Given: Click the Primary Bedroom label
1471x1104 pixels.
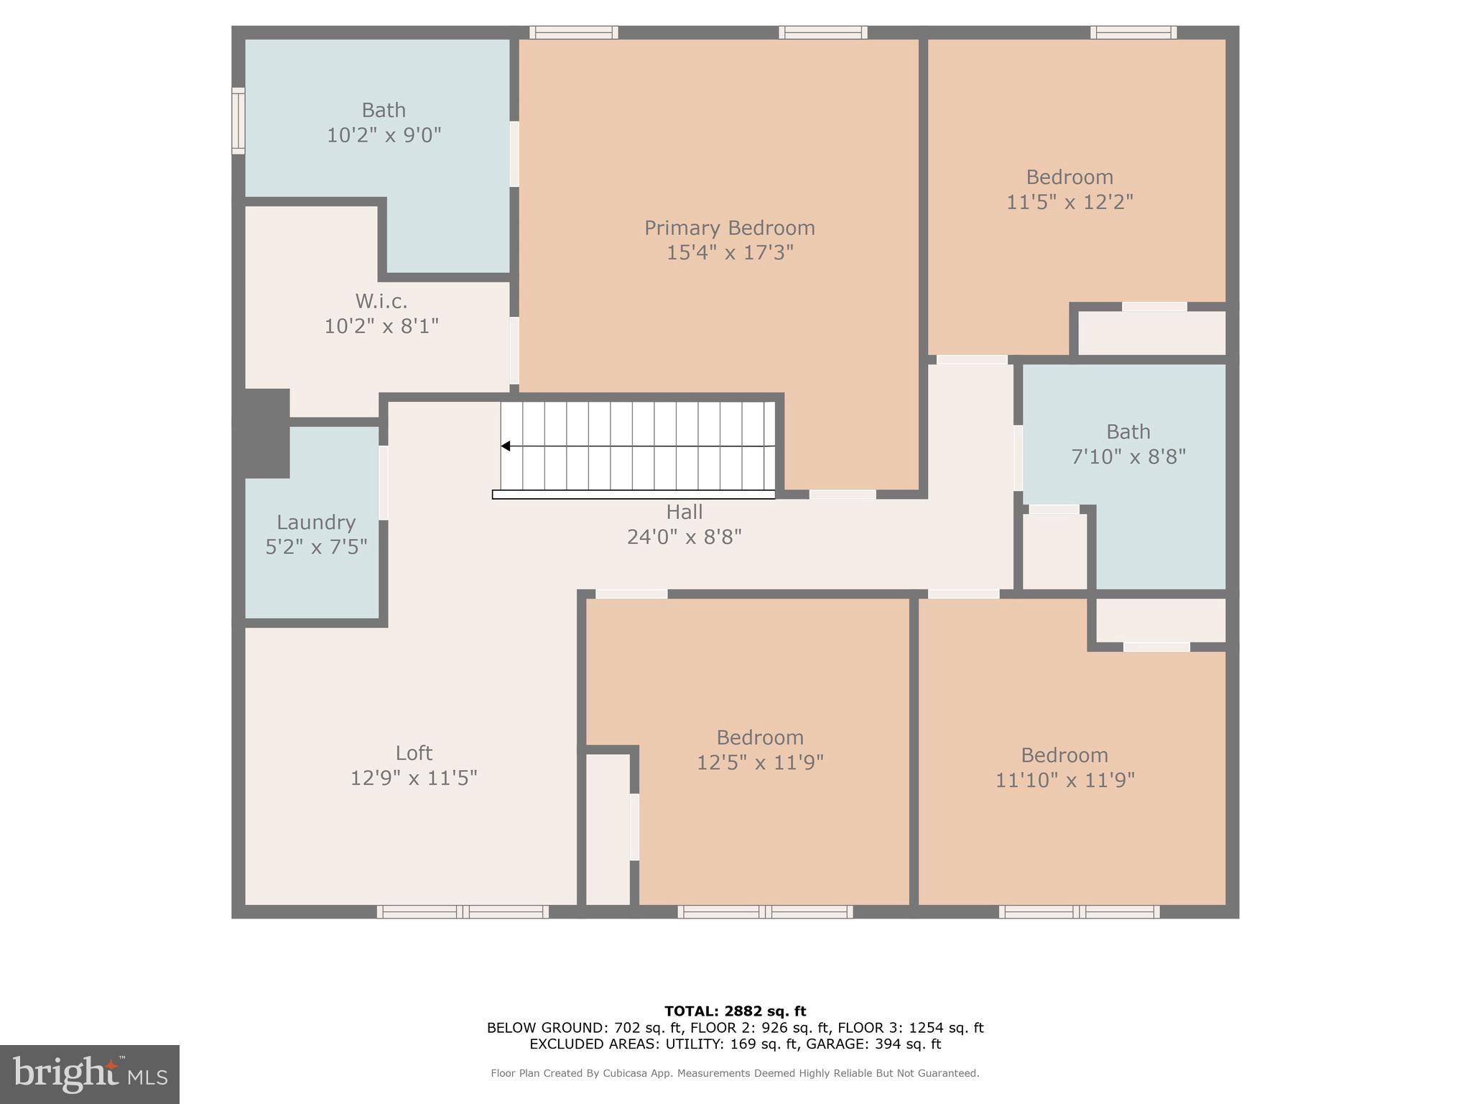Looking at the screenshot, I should coord(729,229).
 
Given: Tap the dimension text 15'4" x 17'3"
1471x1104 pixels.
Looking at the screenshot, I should coord(729,253).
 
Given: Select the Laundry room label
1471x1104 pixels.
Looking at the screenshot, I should coord(316,523).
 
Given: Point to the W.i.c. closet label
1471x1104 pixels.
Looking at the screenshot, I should coord(381,301).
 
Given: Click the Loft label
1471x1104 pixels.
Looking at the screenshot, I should coord(414,753).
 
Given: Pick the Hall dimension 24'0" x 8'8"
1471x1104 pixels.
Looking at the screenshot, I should coord(684,537).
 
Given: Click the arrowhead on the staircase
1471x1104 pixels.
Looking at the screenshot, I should coord(506,446).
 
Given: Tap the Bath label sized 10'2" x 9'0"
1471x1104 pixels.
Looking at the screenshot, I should coord(384,111).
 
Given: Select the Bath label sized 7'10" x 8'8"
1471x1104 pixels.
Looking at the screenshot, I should coord(1128,432).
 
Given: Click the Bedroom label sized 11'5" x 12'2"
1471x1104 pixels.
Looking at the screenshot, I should coord(1069,178).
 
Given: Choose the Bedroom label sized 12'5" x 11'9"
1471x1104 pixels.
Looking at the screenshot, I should coord(759,738).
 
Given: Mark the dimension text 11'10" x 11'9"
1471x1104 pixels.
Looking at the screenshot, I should coord(1064,781).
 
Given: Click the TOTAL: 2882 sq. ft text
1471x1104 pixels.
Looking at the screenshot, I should coord(735,1011).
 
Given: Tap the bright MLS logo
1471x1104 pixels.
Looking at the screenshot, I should coord(90,1075).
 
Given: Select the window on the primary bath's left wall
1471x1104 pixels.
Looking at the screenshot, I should coord(238,121).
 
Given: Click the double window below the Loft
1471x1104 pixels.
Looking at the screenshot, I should coord(463,912).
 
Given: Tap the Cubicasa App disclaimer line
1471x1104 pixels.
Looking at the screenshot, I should coord(735,1073).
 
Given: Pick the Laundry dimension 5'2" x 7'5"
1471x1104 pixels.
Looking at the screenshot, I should coord(316,548).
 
